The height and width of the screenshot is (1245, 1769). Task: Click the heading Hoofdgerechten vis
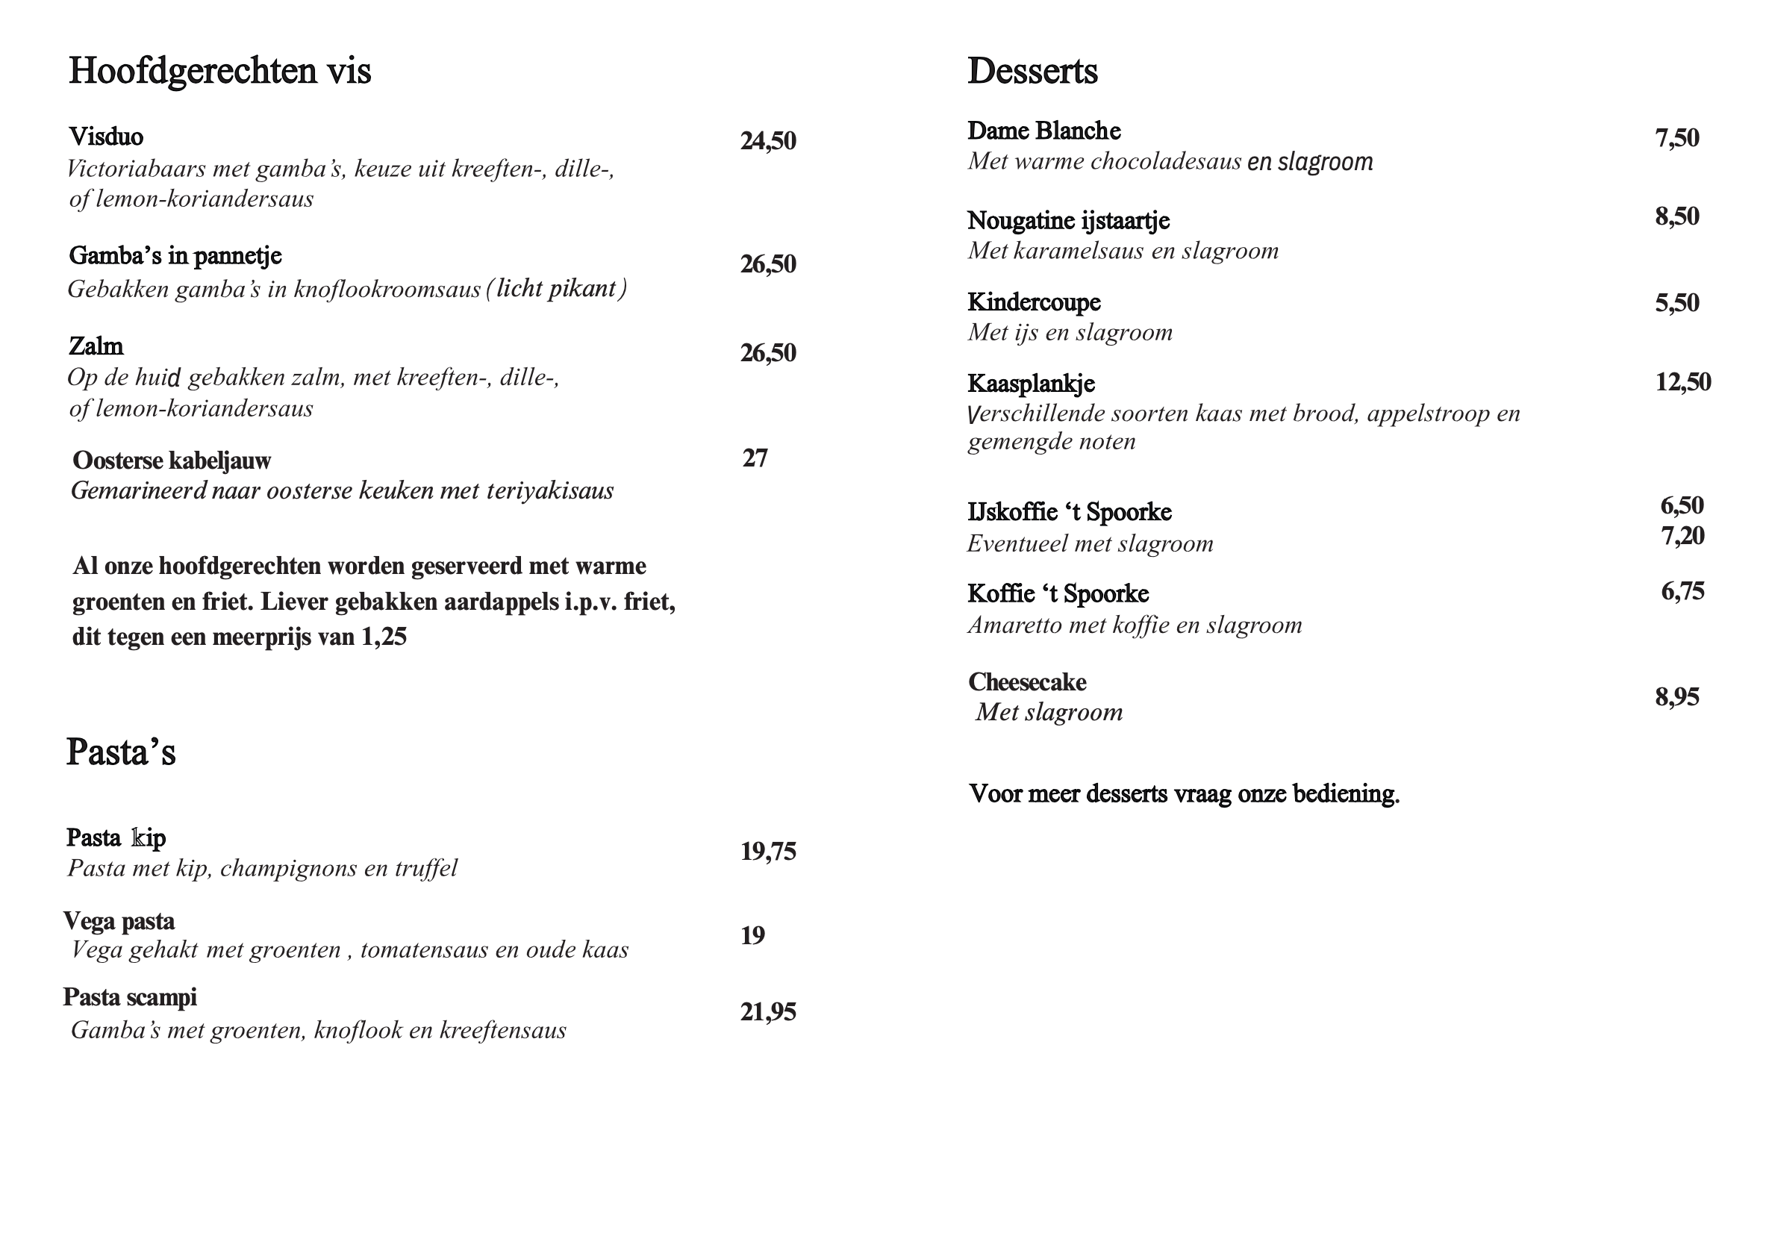219,71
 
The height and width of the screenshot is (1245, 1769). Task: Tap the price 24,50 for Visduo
767,141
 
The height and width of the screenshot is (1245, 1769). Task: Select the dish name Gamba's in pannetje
175,256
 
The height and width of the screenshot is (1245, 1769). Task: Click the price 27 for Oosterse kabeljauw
755,458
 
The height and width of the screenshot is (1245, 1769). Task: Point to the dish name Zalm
96,346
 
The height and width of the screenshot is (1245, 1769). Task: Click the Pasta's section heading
121,752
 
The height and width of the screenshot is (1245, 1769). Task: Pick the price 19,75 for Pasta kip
767,852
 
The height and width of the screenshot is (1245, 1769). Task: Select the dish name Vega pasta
119,920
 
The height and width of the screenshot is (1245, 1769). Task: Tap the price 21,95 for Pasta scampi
767,1011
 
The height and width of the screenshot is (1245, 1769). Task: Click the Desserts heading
1032,71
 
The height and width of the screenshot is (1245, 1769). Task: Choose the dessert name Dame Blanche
1043,131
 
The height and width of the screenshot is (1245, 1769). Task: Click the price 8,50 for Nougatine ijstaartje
1676,216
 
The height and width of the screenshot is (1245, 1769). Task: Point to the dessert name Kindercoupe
1033,302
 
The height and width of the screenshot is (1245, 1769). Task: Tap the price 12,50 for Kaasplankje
1682,382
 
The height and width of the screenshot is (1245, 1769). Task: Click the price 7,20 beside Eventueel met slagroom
1682,535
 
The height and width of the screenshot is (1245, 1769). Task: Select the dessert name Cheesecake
1026,681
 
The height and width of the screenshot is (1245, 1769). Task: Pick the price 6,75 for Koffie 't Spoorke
1682,592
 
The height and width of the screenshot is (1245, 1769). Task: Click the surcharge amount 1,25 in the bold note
383,637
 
